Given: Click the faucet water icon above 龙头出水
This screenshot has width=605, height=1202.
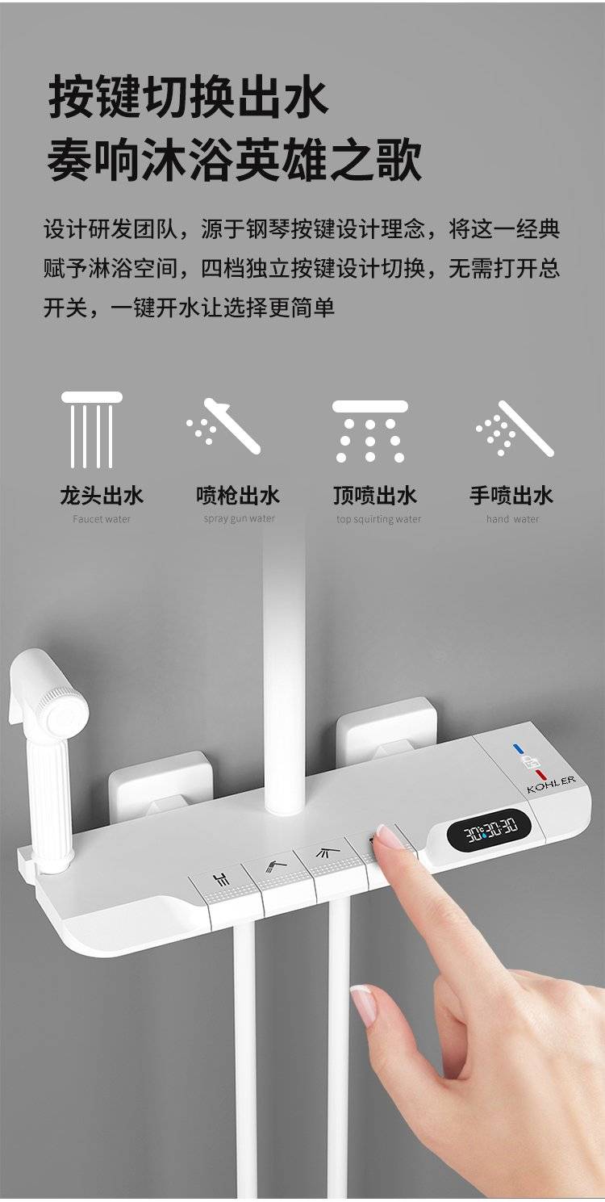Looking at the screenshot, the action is [x=92, y=429].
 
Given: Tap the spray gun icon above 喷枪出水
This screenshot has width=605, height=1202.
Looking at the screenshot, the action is [x=223, y=426].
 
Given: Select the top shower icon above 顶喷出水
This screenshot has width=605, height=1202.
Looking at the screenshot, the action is [x=370, y=431].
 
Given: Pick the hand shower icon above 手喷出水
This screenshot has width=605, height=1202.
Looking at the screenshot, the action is [x=515, y=429].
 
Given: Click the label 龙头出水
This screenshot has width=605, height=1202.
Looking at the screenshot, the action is [x=102, y=495].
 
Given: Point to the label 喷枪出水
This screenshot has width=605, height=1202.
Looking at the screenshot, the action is [x=238, y=495].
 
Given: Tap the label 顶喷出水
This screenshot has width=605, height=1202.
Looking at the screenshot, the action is [x=375, y=495].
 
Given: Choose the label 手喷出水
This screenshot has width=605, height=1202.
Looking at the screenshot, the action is [x=511, y=495].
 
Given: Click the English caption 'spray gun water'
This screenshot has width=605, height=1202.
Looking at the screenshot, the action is [x=240, y=519].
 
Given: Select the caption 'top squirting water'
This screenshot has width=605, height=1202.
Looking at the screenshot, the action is [x=378, y=519].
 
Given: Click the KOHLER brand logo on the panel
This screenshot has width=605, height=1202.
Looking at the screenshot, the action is [x=552, y=785].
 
